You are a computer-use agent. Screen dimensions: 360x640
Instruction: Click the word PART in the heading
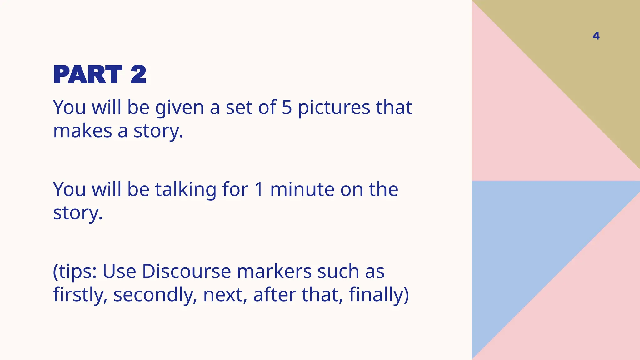click(x=88, y=75)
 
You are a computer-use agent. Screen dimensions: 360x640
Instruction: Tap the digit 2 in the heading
click(x=138, y=75)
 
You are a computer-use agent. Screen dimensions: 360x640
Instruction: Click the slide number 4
click(x=596, y=36)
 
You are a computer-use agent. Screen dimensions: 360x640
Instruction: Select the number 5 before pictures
click(x=287, y=107)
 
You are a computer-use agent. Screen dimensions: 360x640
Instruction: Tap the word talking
click(x=186, y=190)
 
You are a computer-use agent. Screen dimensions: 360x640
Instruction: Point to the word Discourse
click(x=186, y=271)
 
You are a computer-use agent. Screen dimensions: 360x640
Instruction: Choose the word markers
click(x=274, y=271)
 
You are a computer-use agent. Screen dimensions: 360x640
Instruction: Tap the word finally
click(x=376, y=295)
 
